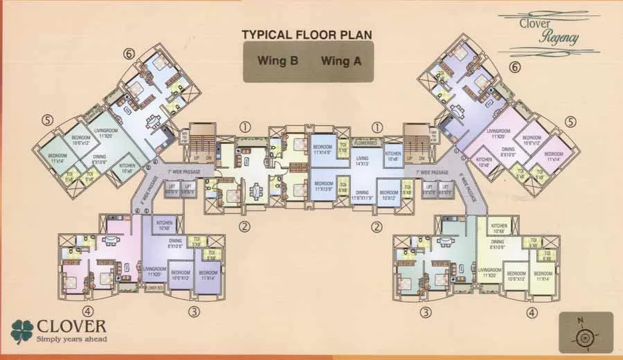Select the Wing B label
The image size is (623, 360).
tap(278, 61)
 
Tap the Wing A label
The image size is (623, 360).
tap(341, 61)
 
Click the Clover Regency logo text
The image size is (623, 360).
tap(549, 31)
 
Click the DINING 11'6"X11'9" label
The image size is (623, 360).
tap(363, 195)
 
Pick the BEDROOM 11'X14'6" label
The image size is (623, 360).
tap(323, 150)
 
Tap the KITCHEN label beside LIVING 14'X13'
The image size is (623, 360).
tap(392, 156)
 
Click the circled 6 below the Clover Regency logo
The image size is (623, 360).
tap(514, 68)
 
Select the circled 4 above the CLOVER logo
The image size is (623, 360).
tap(88, 311)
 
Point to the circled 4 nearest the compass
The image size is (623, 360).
tap(532, 312)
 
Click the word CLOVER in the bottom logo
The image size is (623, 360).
tap(68, 326)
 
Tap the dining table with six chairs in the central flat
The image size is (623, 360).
tap(257, 188)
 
